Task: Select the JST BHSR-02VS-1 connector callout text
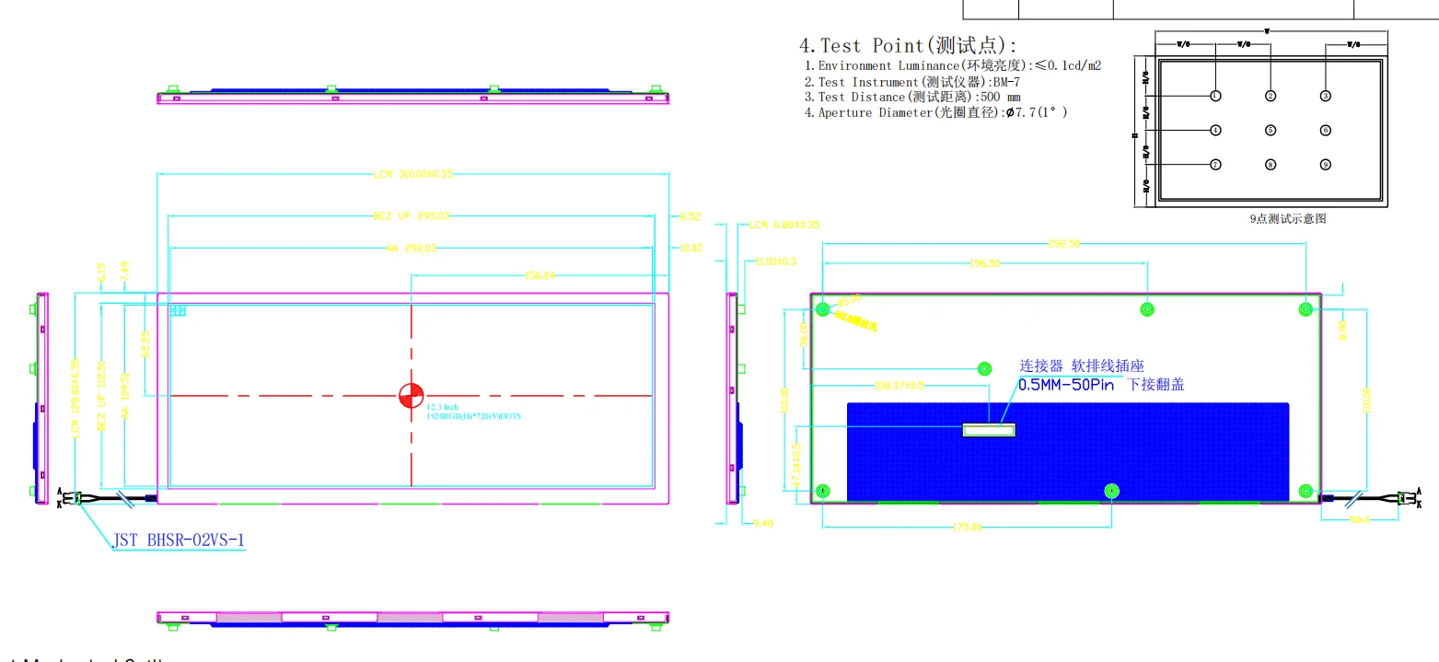pyautogui.click(x=180, y=540)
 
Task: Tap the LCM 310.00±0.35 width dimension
pyautogui.click(x=413, y=173)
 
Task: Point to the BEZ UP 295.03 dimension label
pyautogui.click(x=411, y=216)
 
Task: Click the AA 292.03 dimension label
pyautogui.click(x=411, y=248)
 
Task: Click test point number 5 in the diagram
pyautogui.click(x=1271, y=131)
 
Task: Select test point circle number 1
pyautogui.click(x=1215, y=96)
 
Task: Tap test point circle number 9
pyautogui.click(x=1326, y=165)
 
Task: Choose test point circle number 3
pyautogui.click(x=1326, y=96)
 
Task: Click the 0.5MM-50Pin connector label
pyautogui.click(x=1065, y=385)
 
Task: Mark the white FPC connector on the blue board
pyautogui.click(x=988, y=429)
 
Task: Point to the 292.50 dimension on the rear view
pyautogui.click(x=1064, y=244)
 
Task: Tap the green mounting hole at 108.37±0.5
pyautogui.click(x=984, y=369)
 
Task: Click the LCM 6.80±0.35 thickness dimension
pyautogui.click(x=783, y=225)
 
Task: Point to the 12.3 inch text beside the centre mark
pyautogui.click(x=442, y=406)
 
